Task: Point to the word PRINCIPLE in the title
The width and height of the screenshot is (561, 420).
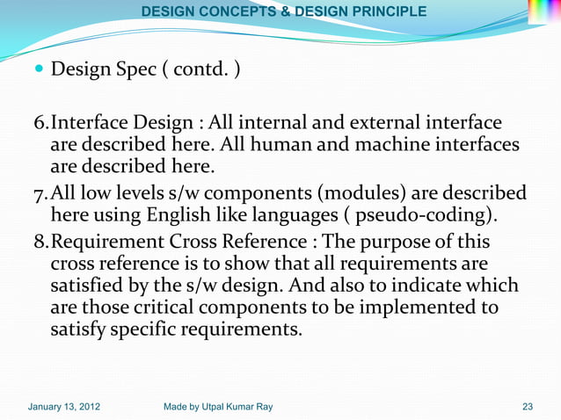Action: pos(380,12)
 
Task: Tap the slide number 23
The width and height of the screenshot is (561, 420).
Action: pos(528,407)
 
